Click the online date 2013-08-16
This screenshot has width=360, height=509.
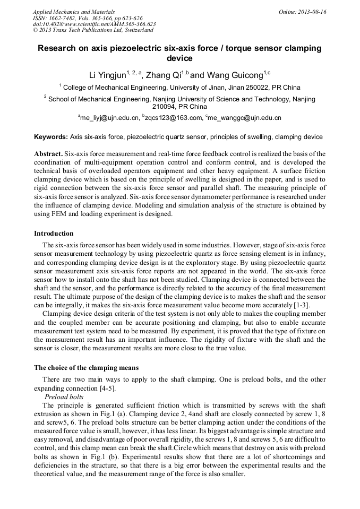(312, 12)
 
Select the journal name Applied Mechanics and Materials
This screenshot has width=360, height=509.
(74, 12)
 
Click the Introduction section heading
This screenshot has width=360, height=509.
(54, 234)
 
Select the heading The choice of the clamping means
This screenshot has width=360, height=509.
(86, 368)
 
